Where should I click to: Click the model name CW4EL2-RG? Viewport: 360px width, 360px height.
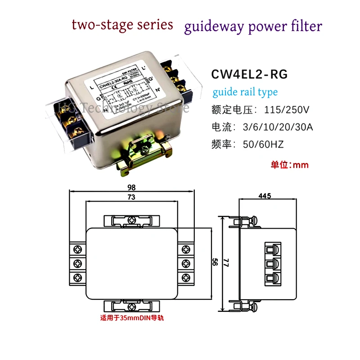249,73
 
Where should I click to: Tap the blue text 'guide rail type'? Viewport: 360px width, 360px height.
245,92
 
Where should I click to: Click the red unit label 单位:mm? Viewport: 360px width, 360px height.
289,165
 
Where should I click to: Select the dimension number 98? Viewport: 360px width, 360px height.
131,187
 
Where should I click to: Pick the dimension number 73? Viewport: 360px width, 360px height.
131,198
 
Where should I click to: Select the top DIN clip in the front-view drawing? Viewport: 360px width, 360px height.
131,220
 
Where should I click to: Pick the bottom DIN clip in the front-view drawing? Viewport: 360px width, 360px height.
131,307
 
